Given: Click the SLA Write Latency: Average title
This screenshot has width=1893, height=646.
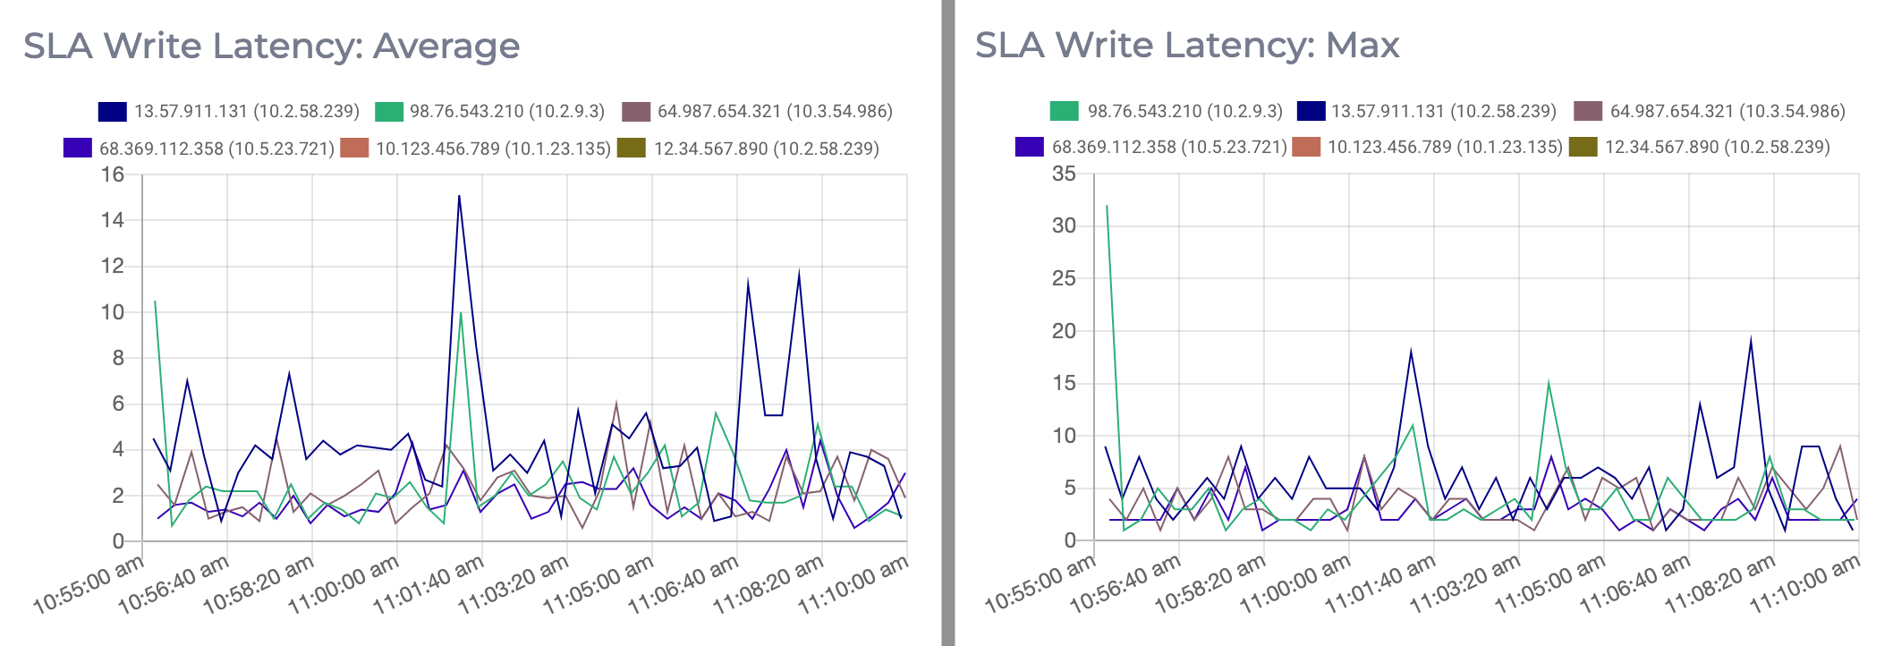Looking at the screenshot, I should coord(271,46).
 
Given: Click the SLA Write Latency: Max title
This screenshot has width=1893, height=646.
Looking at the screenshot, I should coord(1186,45).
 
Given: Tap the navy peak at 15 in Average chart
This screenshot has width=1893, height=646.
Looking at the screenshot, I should coord(459,196).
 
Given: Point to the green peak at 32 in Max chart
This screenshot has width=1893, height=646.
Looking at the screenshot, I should coord(1107,206).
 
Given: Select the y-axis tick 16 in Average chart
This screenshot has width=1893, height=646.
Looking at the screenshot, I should coord(113,174).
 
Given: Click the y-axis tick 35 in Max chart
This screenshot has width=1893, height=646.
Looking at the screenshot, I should coord(1064,174).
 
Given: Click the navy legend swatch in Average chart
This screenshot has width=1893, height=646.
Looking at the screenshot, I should coord(113,112).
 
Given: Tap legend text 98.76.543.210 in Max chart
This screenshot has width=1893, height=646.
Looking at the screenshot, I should coord(1184,112).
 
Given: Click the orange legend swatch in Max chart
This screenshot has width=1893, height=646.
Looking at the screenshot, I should coord(1306,147).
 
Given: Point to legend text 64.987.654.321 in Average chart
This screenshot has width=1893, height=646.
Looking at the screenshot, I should coord(775,112).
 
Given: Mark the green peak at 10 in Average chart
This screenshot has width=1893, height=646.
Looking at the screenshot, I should coord(461,312).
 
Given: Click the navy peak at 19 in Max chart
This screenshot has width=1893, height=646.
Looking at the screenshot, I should coord(1751,340).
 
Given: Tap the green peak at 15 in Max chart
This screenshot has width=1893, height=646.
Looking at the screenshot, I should coord(1548,383).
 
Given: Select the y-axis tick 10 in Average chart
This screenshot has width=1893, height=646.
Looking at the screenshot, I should coord(113,312).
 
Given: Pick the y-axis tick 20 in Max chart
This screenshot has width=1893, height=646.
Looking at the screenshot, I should coord(1064,331).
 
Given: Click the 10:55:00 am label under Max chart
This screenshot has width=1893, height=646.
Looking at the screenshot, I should coord(1040,583).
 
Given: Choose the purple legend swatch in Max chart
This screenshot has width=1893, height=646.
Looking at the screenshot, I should coord(1030,147).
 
